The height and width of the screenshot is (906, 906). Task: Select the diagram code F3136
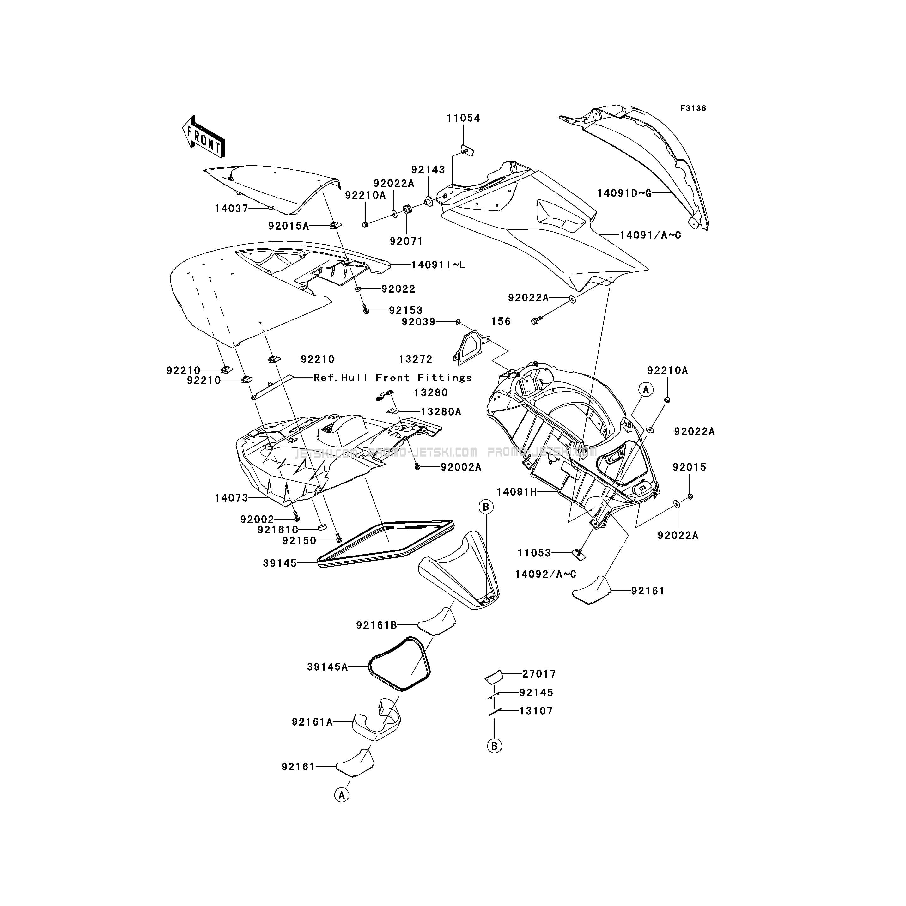click(693, 108)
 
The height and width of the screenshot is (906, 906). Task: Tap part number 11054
click(463, 118)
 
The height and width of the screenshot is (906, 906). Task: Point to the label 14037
click(232, 208)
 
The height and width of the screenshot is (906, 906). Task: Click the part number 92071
click(406, 241)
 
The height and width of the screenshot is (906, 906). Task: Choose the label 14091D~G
click(624, 193)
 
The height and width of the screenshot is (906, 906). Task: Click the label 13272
click(416, 359)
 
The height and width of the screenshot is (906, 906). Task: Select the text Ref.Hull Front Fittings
click(392, 378)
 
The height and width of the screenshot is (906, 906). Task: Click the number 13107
click(536, 711)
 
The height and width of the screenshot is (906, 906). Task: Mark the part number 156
click(501, 321)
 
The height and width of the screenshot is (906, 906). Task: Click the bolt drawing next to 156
click(536, 320)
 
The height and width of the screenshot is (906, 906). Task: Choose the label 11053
click(534, 553)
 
